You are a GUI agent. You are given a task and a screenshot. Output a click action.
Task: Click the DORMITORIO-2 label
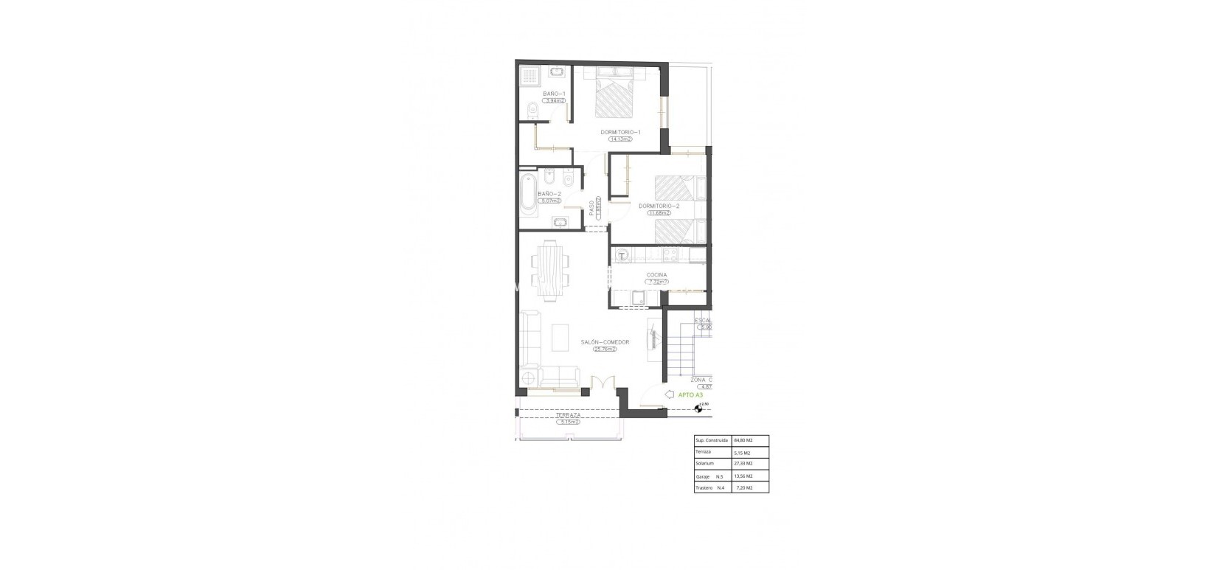click(x=659, y=206)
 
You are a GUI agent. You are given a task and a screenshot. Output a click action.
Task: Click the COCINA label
click(x=656, y=275)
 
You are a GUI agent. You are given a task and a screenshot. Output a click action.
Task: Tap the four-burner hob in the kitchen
click(x=670, y=255)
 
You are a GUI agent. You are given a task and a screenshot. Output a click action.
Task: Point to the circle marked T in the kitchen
click(x=622, y=256)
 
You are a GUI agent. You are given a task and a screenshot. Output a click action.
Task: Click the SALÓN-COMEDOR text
click(x=603, y=342)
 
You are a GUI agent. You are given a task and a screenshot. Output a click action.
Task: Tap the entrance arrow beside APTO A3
click(x=670, y=395)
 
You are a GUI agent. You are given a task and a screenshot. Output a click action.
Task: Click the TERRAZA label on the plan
click(x=569, y=416)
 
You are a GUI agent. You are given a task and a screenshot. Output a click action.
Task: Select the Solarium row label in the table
click(x=705, y=464)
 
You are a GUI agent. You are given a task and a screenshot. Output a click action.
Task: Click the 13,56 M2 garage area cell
click(x=743, y=476)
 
